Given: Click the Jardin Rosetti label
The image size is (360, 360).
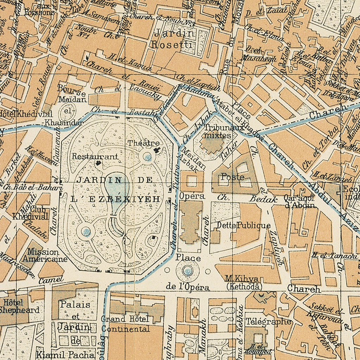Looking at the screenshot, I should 172,39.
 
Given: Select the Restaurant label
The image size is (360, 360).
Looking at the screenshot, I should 95,156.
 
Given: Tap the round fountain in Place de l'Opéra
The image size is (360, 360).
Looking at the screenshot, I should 188,270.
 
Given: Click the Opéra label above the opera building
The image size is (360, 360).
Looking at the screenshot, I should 192,196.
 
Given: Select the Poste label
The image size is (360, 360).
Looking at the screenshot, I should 232,177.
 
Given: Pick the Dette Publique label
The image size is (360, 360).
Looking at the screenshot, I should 244,225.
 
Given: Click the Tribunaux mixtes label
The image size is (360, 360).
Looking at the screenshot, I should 218,131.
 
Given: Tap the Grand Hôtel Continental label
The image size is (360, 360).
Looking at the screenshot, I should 125,324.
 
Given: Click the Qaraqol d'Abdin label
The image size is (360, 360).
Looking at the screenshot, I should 298,201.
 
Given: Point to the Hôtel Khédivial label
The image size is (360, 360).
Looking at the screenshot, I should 26,114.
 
